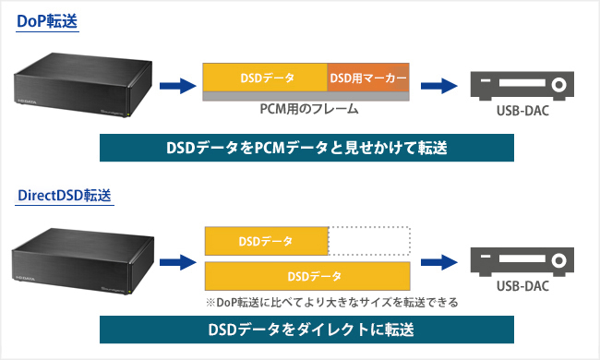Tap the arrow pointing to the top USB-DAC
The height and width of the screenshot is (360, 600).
point(438,87)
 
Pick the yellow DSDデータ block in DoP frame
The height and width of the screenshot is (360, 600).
point(265,78)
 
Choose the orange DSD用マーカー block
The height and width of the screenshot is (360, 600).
point(368,78)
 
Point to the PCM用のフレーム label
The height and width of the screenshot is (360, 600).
point(307,109)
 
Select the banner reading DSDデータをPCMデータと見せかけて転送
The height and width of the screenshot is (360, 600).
point(306,148)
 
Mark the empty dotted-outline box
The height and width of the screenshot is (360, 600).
point(369,242)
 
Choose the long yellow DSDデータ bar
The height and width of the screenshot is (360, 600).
point(307,275)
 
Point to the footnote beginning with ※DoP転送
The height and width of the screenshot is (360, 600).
point(331,301)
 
